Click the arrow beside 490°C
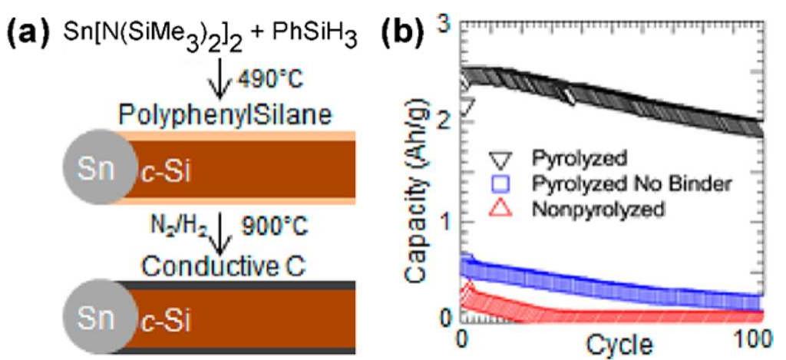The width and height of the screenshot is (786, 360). pyautogui.click(x=220, y=81)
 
